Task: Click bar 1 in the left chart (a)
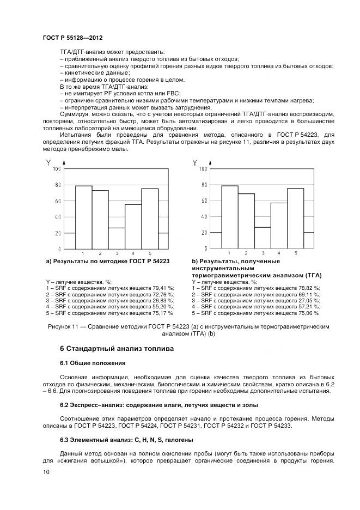pos(83,217)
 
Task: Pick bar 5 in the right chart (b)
pos(295,218)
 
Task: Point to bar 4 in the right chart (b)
pos(279,225)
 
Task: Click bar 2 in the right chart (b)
pos(246,221)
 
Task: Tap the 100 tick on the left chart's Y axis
pos(56,169)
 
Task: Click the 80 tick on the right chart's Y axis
pos(203,185)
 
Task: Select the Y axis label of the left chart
pos(48,162)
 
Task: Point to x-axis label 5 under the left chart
pos(149,253)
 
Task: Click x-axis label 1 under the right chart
pos(230,253)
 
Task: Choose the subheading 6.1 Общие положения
pos(93,363)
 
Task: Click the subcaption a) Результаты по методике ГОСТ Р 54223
pos(108,262)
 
